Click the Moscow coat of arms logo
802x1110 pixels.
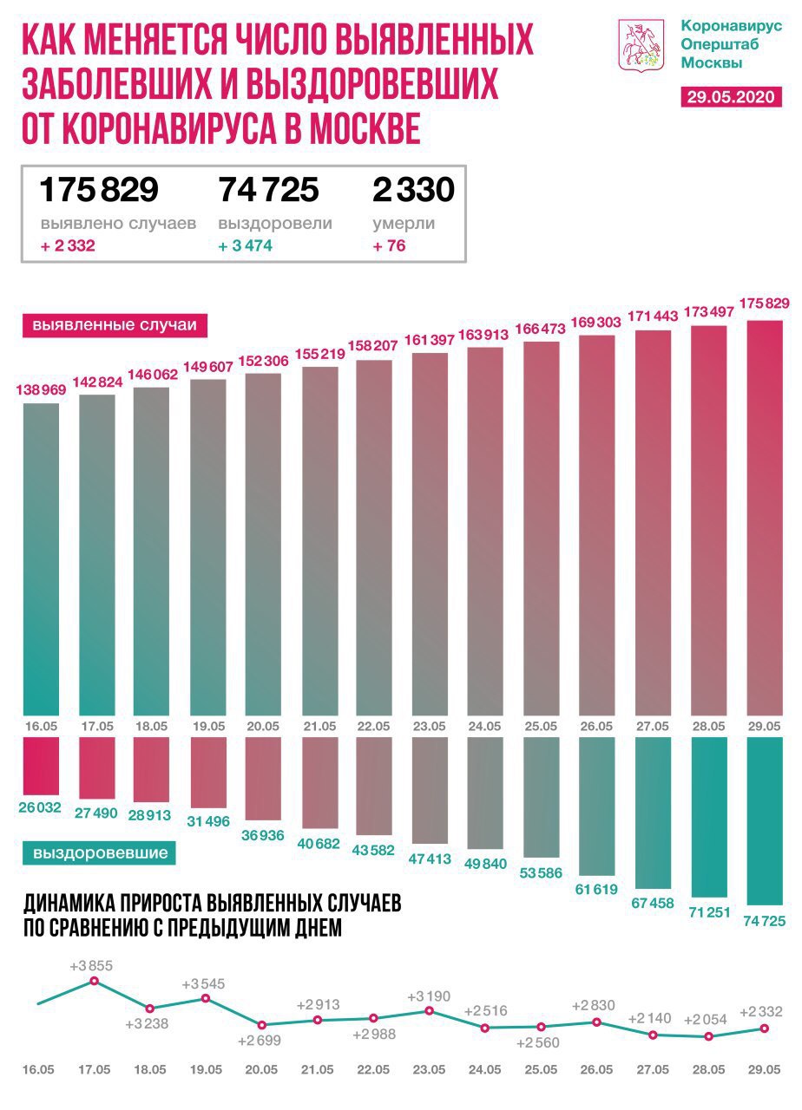641,46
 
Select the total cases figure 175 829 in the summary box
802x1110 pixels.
99,189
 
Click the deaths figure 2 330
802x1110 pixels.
414,189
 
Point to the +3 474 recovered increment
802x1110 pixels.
246,246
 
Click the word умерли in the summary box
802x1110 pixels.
404,224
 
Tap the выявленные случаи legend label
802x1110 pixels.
115,326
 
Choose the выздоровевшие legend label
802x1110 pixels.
100,853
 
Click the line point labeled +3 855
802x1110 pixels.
95,982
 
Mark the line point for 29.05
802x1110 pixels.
764,1028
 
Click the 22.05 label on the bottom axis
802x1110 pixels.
373,1070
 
